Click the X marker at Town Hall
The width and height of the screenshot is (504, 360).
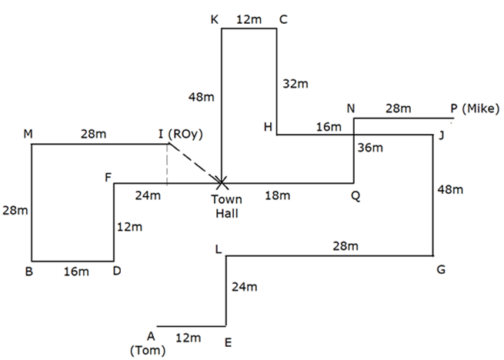[x=222, y=183]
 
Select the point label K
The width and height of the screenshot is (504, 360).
[x=215, y=20]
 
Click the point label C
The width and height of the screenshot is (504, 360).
[x=283, y=20]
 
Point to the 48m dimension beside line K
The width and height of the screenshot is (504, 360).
[x=202, y=98]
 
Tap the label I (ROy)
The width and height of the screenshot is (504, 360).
[x=180, y=135]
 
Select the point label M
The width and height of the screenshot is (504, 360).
[x=28, y=135]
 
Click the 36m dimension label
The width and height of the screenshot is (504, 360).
[x=372, y=148]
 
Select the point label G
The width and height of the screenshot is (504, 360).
[x=441, y=269]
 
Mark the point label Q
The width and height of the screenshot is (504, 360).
[x=355, y=196]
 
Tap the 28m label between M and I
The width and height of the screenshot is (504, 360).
[x=93, y=135]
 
